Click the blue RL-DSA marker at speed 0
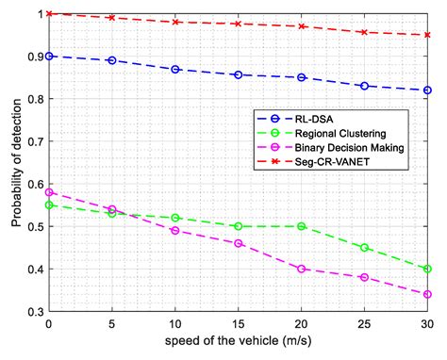48,56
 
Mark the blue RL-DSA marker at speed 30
427,90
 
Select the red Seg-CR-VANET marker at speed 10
174,22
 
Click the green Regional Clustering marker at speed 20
301,226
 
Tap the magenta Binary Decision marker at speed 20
301,269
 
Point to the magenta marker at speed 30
427,294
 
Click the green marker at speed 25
364,248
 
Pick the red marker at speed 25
364,32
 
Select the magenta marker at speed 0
48,192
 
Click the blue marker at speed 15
238,74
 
